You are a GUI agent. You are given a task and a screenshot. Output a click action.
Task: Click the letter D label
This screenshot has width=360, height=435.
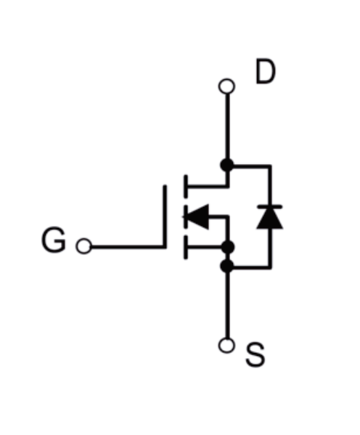point(266,71)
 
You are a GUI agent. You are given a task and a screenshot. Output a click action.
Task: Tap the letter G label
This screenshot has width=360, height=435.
point(54,240)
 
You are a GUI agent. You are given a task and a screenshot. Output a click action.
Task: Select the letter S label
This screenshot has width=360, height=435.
point(255,354)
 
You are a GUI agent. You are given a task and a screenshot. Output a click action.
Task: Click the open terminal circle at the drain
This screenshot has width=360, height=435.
point(227,86)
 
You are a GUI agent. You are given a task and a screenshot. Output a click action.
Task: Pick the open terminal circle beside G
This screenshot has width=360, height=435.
point(83,246)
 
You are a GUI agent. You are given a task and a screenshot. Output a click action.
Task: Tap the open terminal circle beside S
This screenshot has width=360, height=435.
point(227,346)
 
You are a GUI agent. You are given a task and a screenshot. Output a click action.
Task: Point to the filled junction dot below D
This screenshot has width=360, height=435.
point(227,166)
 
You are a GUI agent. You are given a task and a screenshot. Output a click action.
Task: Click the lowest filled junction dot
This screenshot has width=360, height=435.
point(227,266)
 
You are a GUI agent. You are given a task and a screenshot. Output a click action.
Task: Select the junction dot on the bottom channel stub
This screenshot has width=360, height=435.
point(228,247)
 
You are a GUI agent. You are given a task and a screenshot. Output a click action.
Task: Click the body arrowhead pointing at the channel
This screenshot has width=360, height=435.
point(197,216)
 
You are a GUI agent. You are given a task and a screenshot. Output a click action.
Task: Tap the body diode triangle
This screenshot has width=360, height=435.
point(269,219)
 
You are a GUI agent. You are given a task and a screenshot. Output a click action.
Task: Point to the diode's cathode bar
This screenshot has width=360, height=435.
point(269,207)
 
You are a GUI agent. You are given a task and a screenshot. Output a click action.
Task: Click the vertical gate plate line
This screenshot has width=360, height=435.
point(165,216)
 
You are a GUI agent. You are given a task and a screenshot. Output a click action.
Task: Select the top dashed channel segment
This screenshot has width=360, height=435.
point(186,186)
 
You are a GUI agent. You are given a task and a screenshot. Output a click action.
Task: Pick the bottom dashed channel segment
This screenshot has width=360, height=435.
point(186,248)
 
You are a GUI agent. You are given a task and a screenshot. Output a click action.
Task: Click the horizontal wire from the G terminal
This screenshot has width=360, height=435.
point(128,246)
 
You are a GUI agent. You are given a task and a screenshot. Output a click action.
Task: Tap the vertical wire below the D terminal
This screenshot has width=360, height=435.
point(227,126)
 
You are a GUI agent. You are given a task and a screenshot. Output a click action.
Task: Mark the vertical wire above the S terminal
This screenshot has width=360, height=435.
point(227,305)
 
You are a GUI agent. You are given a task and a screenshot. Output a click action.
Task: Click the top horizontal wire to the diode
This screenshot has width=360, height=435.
point(252,166)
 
